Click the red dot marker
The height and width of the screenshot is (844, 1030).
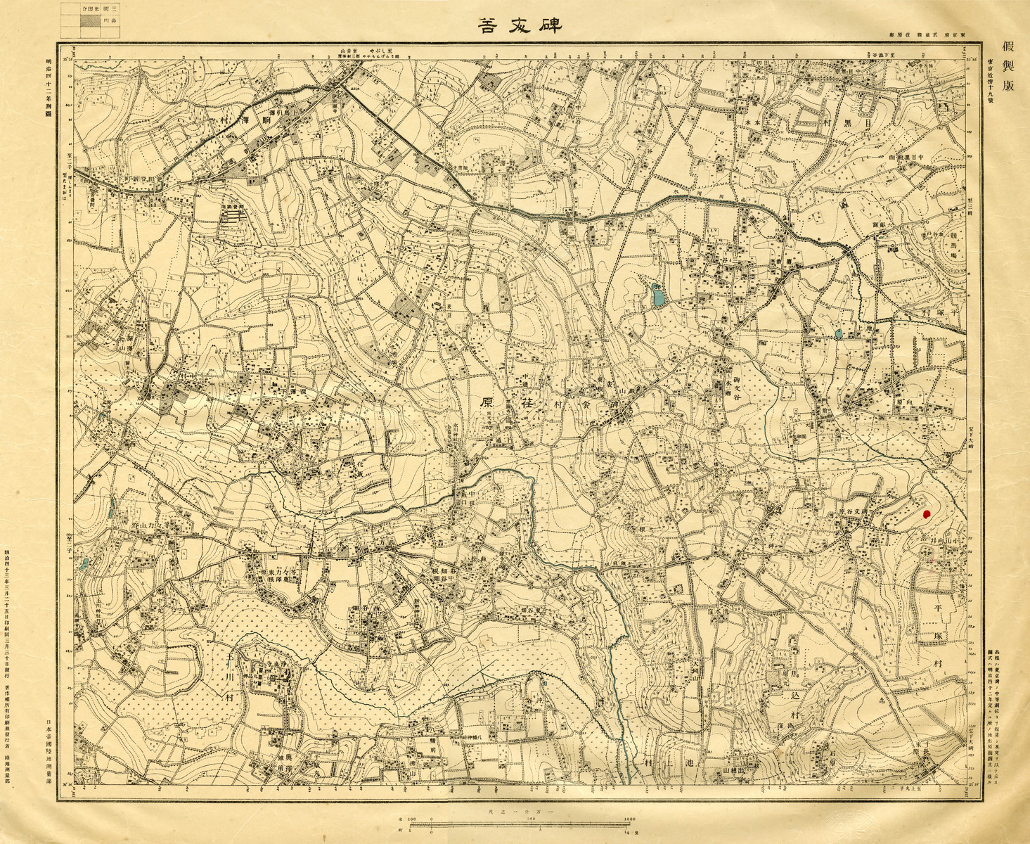tap(926, 514)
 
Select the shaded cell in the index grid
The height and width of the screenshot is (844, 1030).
tap(89, 20)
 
